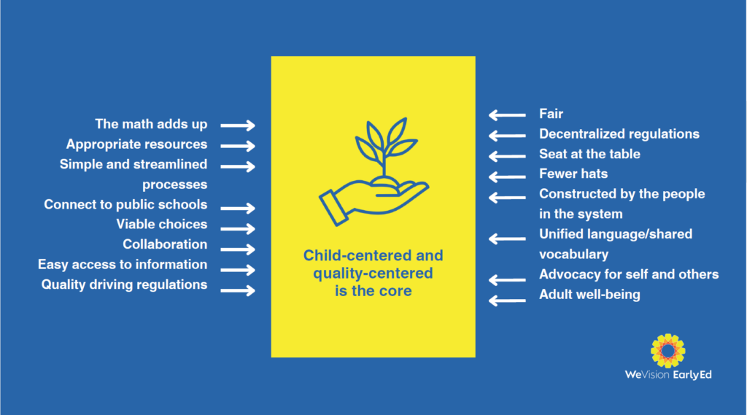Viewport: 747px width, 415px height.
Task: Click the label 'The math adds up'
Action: [x=151, y=124]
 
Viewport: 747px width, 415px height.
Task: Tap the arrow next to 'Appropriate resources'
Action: [x=238, y=146]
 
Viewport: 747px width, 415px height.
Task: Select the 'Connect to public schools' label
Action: [x=125, y=204]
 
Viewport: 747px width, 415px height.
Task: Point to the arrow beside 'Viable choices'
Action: [x=238, y=229]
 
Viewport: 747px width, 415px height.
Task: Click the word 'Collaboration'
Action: [x=165, y=244]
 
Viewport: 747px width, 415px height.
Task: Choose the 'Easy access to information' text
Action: [x=123, y=265]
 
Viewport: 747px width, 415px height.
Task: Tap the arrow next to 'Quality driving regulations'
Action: [x=238, y=290]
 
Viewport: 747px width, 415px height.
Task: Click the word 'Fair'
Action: [x=551, y=114]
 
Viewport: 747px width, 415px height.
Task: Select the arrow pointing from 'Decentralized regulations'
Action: [x=507, y=136]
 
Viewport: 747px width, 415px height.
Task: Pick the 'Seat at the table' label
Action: [x=589, y=154]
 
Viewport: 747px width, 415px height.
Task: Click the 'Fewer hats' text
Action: [x=573, y=174]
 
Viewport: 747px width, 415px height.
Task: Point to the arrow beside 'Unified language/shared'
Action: [x=507, y=238]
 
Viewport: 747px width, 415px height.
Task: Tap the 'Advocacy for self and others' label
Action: [x=629, y=274]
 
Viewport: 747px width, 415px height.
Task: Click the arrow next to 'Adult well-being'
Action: [x=507, y=300]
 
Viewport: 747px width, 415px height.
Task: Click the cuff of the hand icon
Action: [x=333, y=207]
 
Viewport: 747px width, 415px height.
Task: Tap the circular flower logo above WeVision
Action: [x=668, y=351]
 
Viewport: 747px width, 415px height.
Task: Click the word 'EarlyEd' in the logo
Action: [x=692, y=375]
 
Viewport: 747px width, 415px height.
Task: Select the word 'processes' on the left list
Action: [x=175, y=185]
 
